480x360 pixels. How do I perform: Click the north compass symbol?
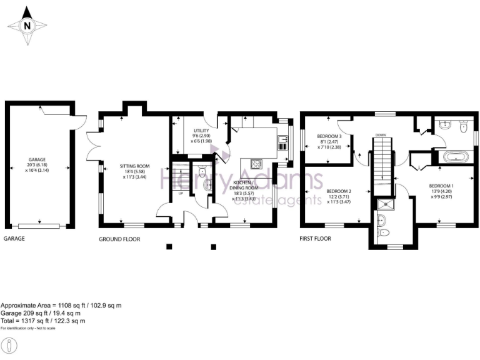tap(27, 26)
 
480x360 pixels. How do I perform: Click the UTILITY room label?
tap(201, 131)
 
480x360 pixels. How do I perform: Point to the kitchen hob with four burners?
tap(256, 164)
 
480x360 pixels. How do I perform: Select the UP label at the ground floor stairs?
tap(181, 193)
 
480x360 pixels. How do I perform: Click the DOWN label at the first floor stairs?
tap(380, 134)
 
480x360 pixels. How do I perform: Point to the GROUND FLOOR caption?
tap(119, 239)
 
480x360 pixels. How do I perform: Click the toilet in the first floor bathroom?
tap(463, 127)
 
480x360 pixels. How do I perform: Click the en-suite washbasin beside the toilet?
tap(381, 219)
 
